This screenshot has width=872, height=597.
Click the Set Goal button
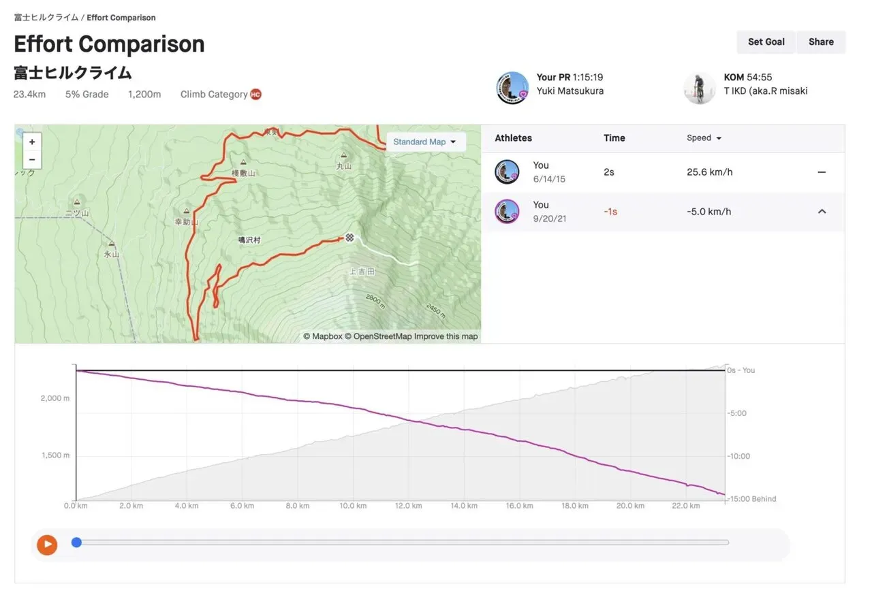click(x=766, y=42)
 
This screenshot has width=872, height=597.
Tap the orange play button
click(x=47, y=544)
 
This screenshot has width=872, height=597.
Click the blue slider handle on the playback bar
click(x=76, y=543)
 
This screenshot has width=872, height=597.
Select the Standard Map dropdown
click(x=424, y=142)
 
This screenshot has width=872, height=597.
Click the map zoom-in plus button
click(x=32, y=142)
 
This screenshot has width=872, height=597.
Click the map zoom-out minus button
click(x=32, y=160)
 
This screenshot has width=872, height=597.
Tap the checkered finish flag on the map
click(x=349, y=238)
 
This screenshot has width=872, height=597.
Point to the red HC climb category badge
click(x=255, y=95)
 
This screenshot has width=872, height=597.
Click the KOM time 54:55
click(x=760, y=78)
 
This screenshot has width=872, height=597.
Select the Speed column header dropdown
click(x=704, y=138)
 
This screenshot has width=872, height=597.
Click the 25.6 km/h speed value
click(x=709, y=172)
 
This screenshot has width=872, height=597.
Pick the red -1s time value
click(x=610, y=212)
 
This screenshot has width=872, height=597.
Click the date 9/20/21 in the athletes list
click(x=549, y=219)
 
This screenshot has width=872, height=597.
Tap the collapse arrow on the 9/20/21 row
click(x=822, y=212)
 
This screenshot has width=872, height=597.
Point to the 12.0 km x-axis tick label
click(x=407, y=506)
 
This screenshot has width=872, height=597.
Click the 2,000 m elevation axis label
click(x=55, y=398)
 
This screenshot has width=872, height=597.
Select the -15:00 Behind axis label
click(x=751, y=499)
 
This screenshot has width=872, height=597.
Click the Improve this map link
click(x=446, y=336)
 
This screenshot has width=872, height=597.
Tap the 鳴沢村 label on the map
click(x=249, y=240)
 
